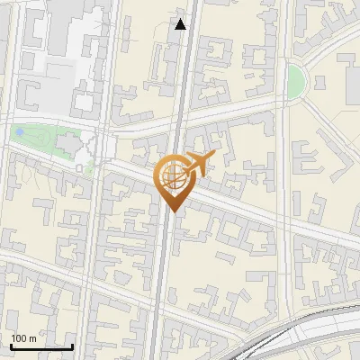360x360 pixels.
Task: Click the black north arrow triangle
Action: tap(181, 24)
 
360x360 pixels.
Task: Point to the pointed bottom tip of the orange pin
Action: tap(172, 211)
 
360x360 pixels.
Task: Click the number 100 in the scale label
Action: tap(20, 338)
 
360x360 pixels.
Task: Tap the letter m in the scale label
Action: tap(33, 338)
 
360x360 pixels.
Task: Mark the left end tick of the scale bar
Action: tap(10, 346)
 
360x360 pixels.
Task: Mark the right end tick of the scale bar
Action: tap(72, 346)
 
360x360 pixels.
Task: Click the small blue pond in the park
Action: tap(19, 133)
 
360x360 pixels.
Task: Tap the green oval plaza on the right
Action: tap(295, 80)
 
